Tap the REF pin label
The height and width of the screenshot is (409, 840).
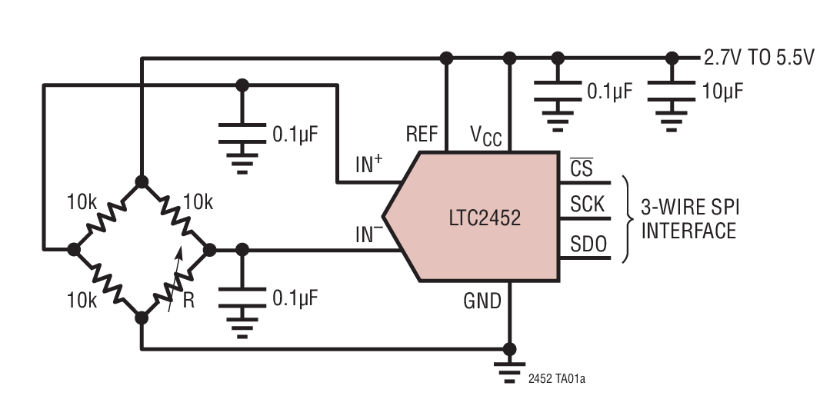click(422, 135)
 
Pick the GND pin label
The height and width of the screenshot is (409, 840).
click(482, 300)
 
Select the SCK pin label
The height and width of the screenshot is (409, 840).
click(587, 205)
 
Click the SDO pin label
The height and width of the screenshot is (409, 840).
click(588, 244)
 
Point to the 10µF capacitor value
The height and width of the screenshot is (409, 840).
click(722, 91)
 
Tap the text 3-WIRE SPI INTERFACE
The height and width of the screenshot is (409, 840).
click(688, 218)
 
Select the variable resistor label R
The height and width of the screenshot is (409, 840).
click(188, 301)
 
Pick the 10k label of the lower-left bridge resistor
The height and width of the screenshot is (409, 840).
click(82, 300)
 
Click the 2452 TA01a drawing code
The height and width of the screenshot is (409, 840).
click(562, 378)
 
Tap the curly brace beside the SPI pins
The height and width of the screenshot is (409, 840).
click(627, 218)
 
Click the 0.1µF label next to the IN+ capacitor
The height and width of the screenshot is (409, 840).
click(295, 135)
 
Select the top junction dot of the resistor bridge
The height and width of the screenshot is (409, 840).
click(142, 181)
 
